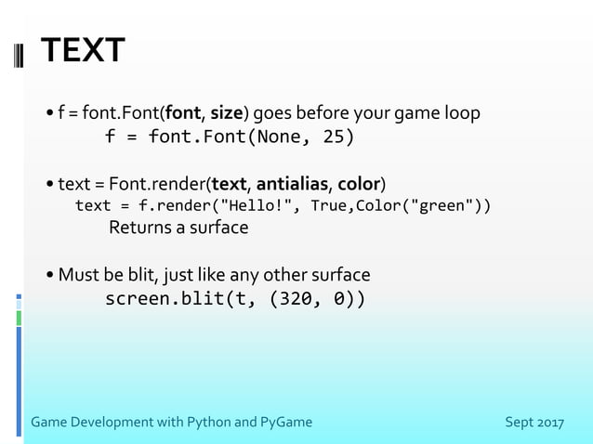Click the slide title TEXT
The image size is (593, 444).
pos(83,51)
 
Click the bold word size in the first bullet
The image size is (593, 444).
pos(227,113)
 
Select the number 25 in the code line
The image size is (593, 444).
pos(333,137)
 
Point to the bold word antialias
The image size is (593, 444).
pos(293,181)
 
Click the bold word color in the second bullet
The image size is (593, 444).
pos(358,181)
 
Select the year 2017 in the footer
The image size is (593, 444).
pos(547,423)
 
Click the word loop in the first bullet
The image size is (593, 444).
pos(464,113)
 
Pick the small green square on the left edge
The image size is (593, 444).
pos(18,318)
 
